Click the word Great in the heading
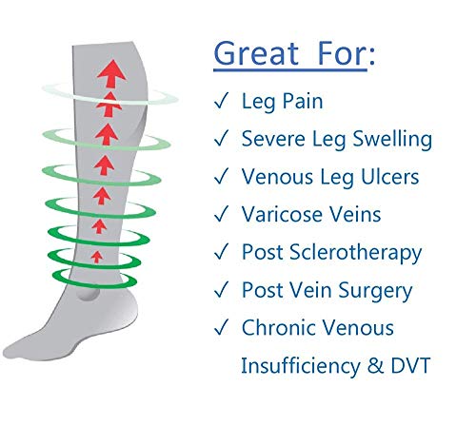256,53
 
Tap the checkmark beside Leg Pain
221,101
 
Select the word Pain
303,101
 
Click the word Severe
274,139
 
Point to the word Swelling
392,140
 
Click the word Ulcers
390,177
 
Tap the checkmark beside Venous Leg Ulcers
221,176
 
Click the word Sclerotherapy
355,253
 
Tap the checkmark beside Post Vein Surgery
221,290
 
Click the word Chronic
275,327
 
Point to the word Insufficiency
301,366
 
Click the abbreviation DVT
410,365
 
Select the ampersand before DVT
375,365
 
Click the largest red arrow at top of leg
111,73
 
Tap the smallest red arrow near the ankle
97,257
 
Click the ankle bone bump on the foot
88,293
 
